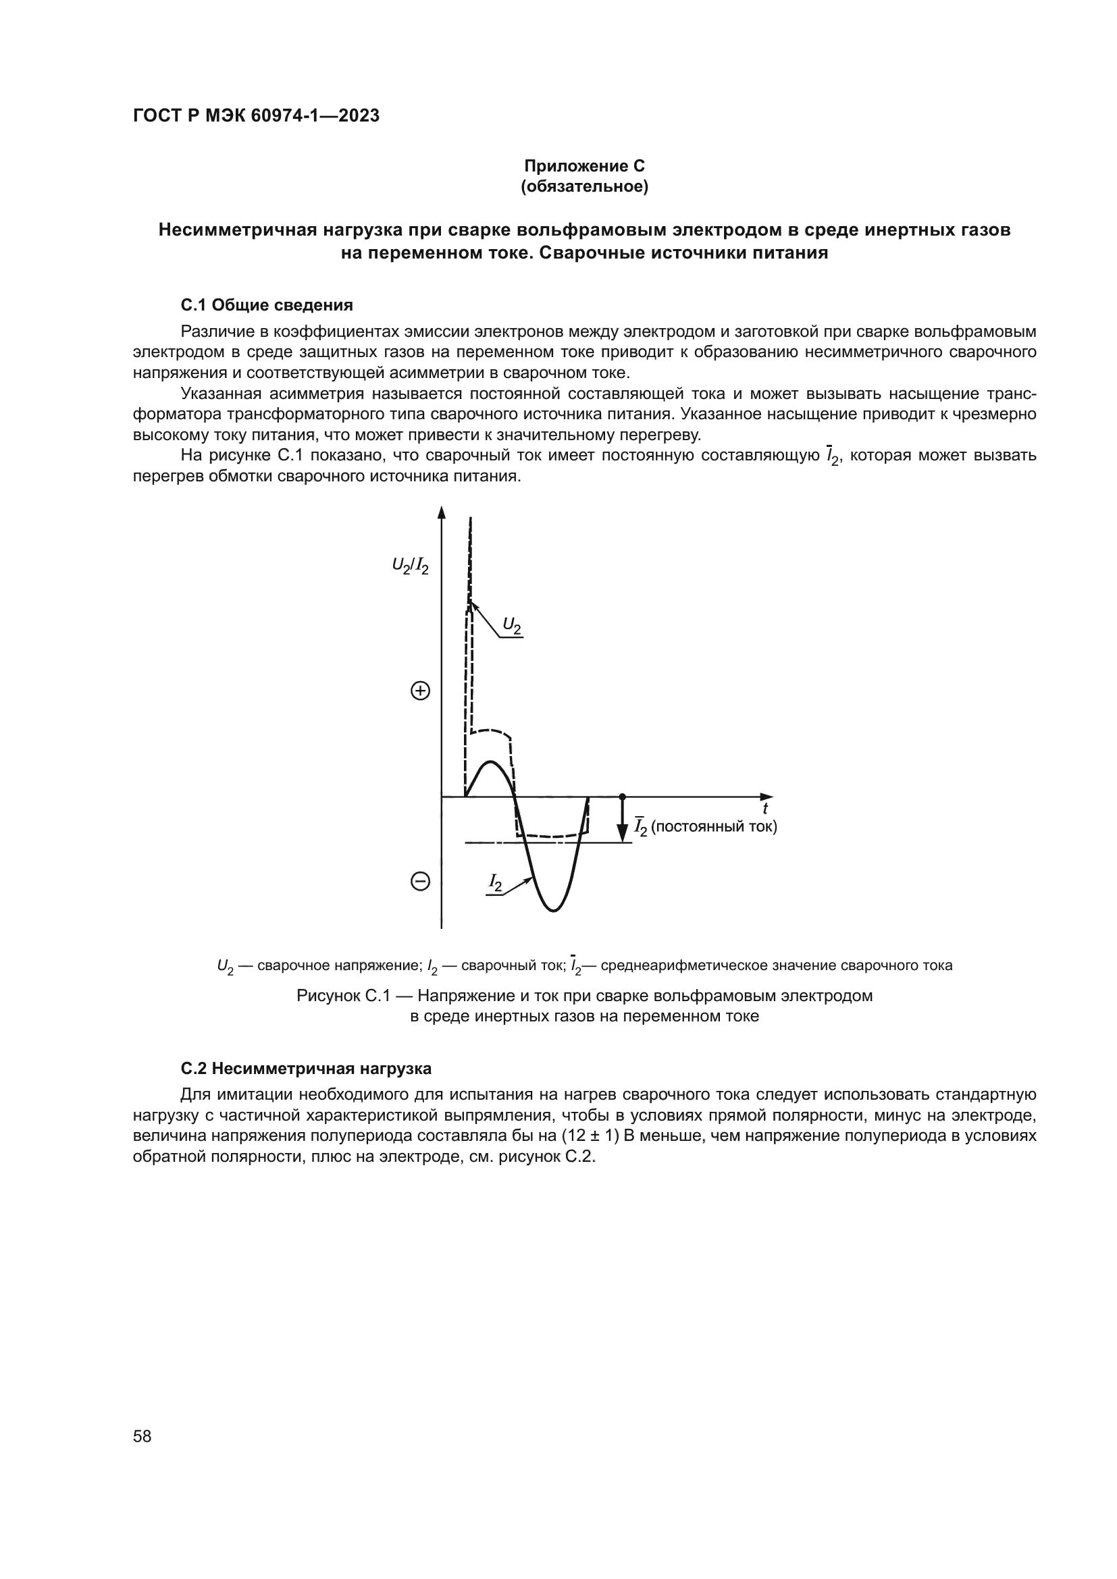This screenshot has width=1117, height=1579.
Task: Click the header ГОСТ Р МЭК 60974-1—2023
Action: [256, 115]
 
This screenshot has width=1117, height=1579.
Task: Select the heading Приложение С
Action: [584, 166]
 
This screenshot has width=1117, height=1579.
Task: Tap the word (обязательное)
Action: [584, 186]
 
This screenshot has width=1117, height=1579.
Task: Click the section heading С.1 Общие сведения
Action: [267, 304]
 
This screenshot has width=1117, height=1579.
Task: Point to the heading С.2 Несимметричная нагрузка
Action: [305, 1068]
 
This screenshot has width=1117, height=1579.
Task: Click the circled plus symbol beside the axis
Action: [420, 691]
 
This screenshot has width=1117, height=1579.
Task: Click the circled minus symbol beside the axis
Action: [420, 881]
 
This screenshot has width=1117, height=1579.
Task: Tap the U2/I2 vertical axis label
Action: [411, 566]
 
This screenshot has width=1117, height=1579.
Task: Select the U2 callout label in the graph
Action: [512, 624]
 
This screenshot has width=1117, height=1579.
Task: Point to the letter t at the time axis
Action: [765, 809]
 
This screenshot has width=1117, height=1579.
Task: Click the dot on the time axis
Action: [623, 797]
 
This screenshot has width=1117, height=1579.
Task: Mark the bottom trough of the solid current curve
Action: [554, 911]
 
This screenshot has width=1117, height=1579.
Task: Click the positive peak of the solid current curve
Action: [490, 762]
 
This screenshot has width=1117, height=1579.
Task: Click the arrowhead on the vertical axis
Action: [442, 512]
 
